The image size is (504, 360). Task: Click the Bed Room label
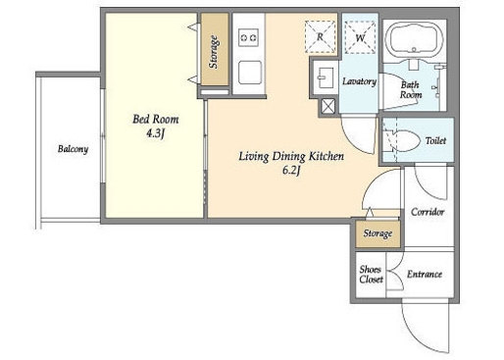pos(156,119)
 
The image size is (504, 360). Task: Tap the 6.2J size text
pos(291,171)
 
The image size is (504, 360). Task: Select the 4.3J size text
pos(155,133)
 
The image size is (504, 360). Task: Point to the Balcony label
pos(73,149)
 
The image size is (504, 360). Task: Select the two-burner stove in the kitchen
pos(248,37)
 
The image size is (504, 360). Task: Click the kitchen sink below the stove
pos(250,73)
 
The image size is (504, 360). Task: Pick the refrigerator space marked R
pos(320,36)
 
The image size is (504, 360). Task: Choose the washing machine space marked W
pos(360,37)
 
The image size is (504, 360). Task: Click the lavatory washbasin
pos(326,77)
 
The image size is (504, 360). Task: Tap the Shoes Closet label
pos(371,275)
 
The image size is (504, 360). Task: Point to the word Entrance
pos(425,274)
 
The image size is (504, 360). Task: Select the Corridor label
pos(428,212)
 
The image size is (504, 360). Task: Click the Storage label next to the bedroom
pos(214,52)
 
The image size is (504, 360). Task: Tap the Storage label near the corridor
pos(378,233)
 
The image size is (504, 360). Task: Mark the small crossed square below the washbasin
pos(328,106)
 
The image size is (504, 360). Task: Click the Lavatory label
pos(359,81)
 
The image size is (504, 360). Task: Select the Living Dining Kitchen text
pos(291,156)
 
